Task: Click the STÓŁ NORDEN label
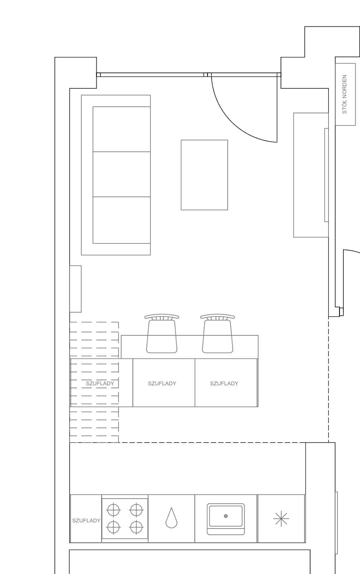345,94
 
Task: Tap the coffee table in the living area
204,175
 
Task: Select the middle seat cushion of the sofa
122,174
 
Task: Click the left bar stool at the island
162,333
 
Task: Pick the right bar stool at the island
217,333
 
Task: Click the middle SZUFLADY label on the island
162,384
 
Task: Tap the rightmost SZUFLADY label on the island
224,384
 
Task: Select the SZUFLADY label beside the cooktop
86,521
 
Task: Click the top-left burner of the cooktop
113,510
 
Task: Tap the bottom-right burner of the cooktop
136,527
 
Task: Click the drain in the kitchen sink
226,516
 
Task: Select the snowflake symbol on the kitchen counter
281,519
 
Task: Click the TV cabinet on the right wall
311,175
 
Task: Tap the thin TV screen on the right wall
326,175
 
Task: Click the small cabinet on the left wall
76,289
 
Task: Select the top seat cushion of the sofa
122,129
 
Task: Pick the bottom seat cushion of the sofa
122,220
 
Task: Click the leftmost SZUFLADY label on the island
100,384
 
